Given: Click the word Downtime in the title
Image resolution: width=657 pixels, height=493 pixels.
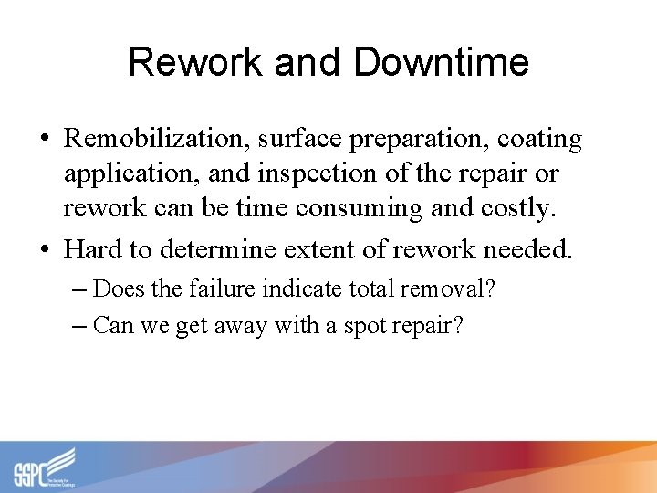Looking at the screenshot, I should pyautogui.click(x=441, y=63).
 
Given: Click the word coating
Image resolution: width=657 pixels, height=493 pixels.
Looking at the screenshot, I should pyautogui.click(x=539, y=140).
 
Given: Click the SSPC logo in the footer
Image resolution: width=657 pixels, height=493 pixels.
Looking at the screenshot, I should pyautogui.click(x=45, y=467).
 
